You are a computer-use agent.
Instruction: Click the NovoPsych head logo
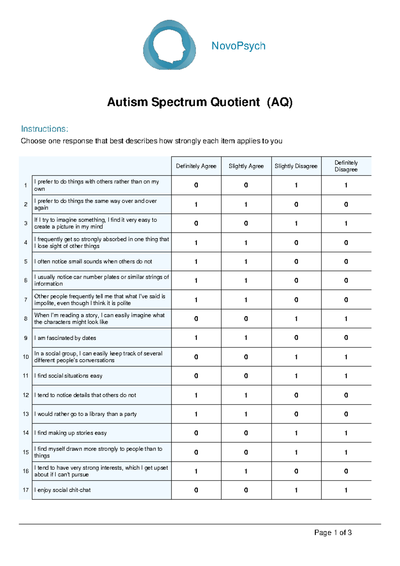point(169,45)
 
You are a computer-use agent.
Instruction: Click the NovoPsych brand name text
point(238,46)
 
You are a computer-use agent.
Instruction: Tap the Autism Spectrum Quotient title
point(200,102)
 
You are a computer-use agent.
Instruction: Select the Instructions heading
point(45,129)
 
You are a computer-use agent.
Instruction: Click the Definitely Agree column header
point(196,166)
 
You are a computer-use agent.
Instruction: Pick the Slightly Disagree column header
point(296,166)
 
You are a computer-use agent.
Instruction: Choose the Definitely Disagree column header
point(346,166)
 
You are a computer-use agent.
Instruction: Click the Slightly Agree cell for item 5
point(246,262)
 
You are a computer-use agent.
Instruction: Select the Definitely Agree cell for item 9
point(196,338)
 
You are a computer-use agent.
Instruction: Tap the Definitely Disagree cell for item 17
point(346,490)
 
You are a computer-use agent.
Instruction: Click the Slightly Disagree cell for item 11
point(296,376)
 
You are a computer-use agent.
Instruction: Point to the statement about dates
point(65,338)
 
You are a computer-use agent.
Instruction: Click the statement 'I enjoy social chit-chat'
point(63,490)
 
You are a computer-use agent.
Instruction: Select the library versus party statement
point(86,414)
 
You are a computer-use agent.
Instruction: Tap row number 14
point(26,433)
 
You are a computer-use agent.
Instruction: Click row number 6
point(26,281)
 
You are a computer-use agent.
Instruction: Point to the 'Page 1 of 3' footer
point(333,533)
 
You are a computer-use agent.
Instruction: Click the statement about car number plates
point(101,280)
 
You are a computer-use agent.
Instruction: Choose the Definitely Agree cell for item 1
point(196,185)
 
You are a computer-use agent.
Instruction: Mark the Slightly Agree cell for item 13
point(246,414)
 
